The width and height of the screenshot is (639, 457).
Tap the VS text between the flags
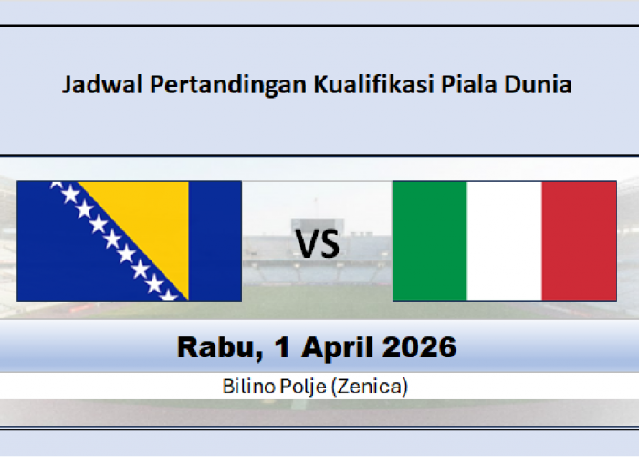317,244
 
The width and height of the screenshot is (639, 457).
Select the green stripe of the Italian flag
429,241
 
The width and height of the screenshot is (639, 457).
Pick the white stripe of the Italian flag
504,241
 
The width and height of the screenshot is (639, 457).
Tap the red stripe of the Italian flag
579,241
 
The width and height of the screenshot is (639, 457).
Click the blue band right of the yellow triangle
215,241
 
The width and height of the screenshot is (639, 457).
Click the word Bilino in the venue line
246,387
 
